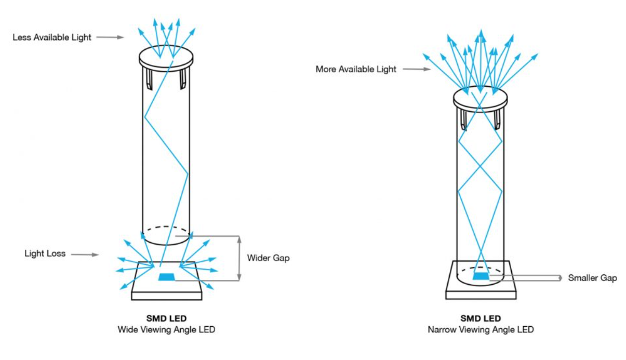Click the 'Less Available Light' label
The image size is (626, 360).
[52, 37]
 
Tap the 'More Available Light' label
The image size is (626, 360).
[356, 69]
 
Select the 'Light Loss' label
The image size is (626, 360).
[45, 254]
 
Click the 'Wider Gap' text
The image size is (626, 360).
[268, 258]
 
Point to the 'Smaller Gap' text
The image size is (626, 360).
[592, 278]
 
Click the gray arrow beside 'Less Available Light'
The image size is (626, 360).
[110, 37]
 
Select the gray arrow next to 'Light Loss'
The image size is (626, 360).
[84, 255]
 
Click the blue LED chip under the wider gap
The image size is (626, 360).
[167, 277]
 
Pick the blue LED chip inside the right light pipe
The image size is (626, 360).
[481, 276]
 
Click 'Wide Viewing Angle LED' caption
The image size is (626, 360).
[166, 329]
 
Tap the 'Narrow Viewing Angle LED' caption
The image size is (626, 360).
[481, 329]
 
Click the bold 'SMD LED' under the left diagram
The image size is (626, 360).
[166, 318]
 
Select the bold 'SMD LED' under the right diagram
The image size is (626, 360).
[481, 318]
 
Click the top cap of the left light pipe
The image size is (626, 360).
[166, 56]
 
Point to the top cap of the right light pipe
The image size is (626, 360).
[480, 97]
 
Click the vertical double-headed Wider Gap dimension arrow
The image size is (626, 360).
[239, 258]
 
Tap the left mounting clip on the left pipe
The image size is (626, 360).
[150, 78]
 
